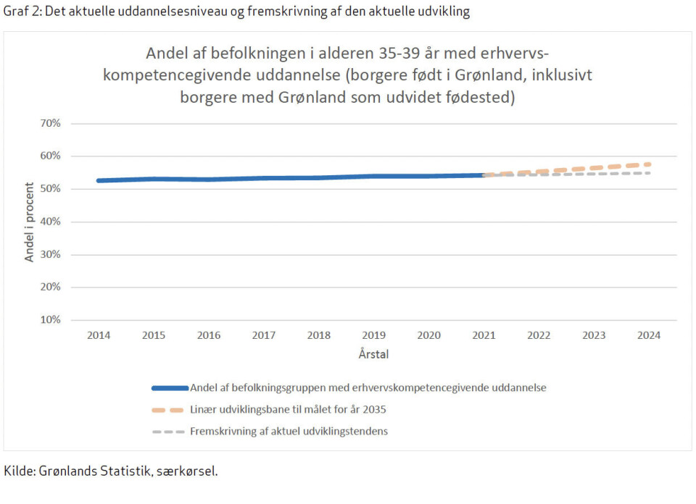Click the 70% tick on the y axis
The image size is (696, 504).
point(50,123)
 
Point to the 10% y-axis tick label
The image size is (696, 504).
point(50,319)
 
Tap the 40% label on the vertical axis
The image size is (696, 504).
point(50,222)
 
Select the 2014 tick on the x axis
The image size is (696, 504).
point(99,335)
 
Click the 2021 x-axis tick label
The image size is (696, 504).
point(484,335)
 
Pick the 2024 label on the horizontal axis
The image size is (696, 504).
point(649,335)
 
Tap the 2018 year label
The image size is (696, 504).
point(319,335)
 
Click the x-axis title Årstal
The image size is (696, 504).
point(373,354)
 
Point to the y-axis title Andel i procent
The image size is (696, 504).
point(30,222)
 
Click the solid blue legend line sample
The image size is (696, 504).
point(169,387)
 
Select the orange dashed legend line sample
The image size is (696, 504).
point(169,409)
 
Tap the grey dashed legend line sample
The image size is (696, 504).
point(169,432)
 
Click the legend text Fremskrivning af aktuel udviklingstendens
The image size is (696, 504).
point(289,432)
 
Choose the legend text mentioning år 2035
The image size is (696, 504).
point(288,409)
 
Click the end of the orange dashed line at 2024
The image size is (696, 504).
point(649,164)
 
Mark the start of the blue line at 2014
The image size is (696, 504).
point(99,180)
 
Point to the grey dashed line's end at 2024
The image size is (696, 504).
point(649,173)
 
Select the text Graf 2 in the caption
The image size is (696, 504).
point(22,12)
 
